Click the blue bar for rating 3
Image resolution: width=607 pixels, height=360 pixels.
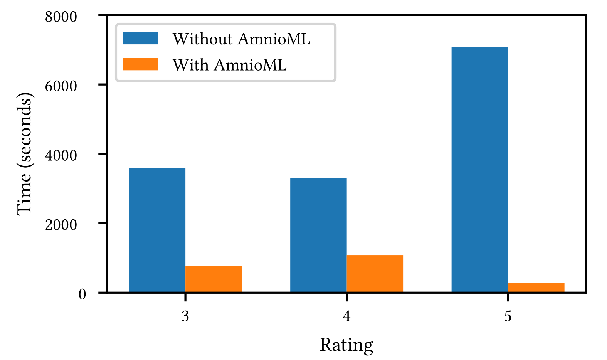157,230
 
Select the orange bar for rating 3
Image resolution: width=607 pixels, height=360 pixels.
214,279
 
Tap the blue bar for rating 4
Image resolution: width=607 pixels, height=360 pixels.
318,235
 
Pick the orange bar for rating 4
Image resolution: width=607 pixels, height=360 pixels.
375,274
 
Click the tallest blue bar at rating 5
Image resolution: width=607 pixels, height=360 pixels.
479,170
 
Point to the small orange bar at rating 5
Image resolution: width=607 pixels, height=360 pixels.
536,288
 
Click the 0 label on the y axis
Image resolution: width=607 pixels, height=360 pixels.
82,294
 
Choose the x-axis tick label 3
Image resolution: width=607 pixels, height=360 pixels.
185,316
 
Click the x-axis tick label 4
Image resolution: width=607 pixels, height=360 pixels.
346,316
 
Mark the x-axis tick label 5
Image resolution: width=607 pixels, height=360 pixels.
508,316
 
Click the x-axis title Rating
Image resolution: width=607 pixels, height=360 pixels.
346,345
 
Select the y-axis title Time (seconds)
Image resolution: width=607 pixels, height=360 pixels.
25,154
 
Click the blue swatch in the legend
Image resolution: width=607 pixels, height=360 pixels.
141,38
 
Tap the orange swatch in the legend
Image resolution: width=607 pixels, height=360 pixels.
141,64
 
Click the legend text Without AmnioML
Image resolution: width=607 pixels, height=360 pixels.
241,39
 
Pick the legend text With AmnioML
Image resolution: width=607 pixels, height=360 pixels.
229,65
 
